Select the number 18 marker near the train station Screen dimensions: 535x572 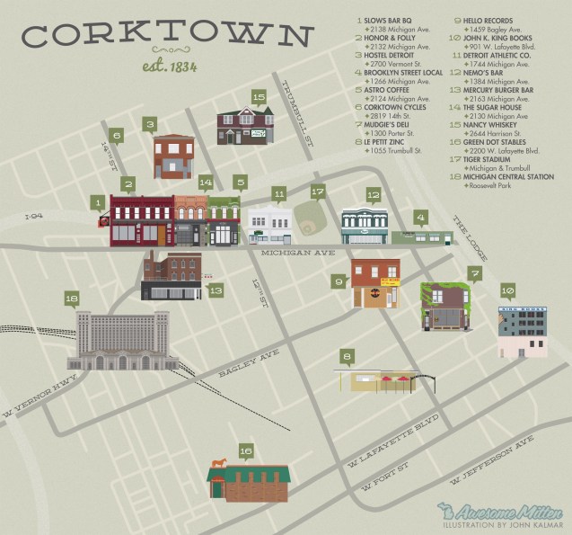(72, 299)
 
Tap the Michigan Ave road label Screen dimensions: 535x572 (297, 254)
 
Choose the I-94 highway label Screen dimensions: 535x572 (34, 217)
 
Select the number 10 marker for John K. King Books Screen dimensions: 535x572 (507, 290)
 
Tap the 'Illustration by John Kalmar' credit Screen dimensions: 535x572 (507, 523)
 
